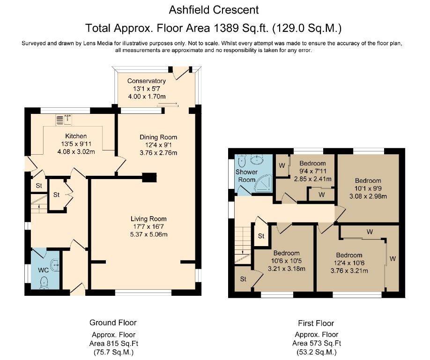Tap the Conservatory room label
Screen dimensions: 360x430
tap(147, 81)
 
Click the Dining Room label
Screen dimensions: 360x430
tap(158, 137)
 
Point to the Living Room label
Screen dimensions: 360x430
tap(148, 218)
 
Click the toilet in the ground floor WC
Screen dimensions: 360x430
tap(44, 282)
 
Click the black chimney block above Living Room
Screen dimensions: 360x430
tap(149, 178)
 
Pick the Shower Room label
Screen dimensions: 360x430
tap(246, 175)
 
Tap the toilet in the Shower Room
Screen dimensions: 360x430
tap(242, 161)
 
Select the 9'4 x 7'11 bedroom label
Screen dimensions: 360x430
tap(312, 164)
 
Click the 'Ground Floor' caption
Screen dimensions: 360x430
tap(113, 322)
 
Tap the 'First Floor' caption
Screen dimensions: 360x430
tap(316, 323)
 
